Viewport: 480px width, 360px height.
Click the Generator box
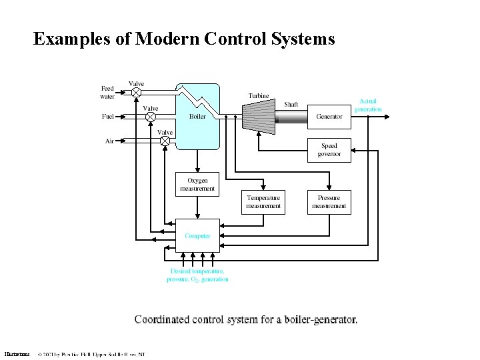(x=329, y=117)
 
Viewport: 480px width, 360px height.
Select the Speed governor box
(x=329, y=150)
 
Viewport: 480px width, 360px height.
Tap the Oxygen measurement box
(x=197, y=184)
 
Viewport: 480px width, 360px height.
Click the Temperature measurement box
(x=263, y=202)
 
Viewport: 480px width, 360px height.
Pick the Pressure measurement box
(x=329, y=202)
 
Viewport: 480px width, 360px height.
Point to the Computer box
(x=197, y=236)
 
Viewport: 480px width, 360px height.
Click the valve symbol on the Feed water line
(x=136, y=91)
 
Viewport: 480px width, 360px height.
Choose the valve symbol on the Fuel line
(x=151, y=117)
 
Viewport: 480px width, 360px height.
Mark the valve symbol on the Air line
(x=165, y=141)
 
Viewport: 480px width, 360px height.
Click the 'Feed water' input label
(x=107, y=91)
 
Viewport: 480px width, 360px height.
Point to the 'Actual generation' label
(x=368, y=105)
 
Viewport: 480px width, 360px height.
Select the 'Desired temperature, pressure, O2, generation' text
(x=197, y=275)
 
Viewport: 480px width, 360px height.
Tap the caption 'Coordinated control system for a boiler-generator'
(x=246, y=319)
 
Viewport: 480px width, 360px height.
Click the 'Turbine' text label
(x=259, y=96)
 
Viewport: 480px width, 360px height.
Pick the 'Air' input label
(x=109, y=141)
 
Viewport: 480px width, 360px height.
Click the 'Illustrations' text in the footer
(x=17, y=354)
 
